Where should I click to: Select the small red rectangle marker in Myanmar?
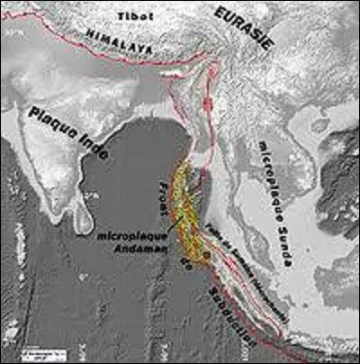(208, 105)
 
